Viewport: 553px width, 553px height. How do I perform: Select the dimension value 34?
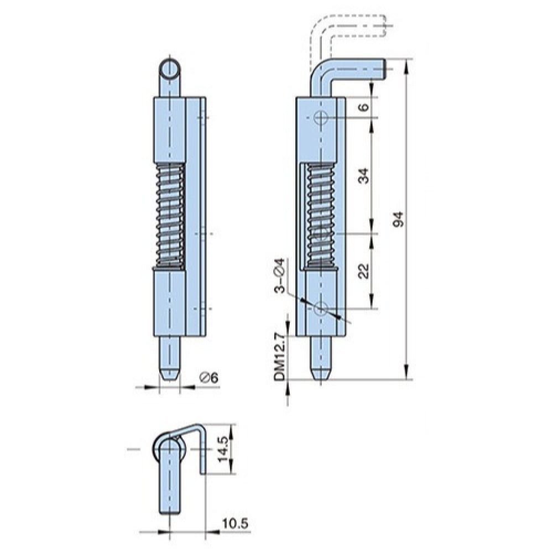[364, 176]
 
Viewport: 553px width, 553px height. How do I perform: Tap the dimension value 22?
[364, 271]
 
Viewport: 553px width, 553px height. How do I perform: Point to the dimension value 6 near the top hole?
[364, 107]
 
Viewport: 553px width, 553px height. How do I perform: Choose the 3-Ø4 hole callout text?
[279, 275]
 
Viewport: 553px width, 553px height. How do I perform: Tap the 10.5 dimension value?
[235, 523]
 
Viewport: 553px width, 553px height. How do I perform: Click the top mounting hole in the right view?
[321, 117]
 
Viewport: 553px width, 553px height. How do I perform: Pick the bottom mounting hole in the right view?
[321, 309]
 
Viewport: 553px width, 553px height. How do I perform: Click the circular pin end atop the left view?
[170, 70]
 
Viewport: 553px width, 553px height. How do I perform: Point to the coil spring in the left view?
[170, 216]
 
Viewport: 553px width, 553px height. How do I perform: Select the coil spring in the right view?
[321, 216]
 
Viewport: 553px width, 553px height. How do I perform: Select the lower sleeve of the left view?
[170, 302]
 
